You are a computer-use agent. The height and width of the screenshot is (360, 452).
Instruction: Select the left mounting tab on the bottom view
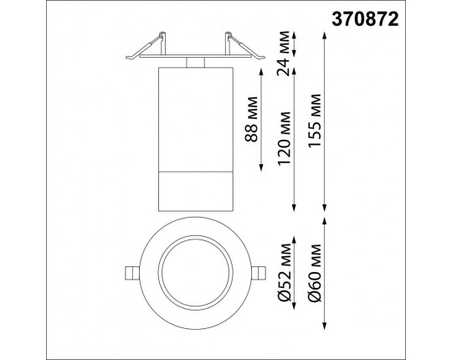(x=131, y=272)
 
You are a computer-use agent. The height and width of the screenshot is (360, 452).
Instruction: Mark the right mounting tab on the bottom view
(x=259, y=272)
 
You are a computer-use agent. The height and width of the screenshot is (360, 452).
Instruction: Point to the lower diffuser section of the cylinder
(x=194, y=193)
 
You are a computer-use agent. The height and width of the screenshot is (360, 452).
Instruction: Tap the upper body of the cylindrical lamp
(x=194, y=117)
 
